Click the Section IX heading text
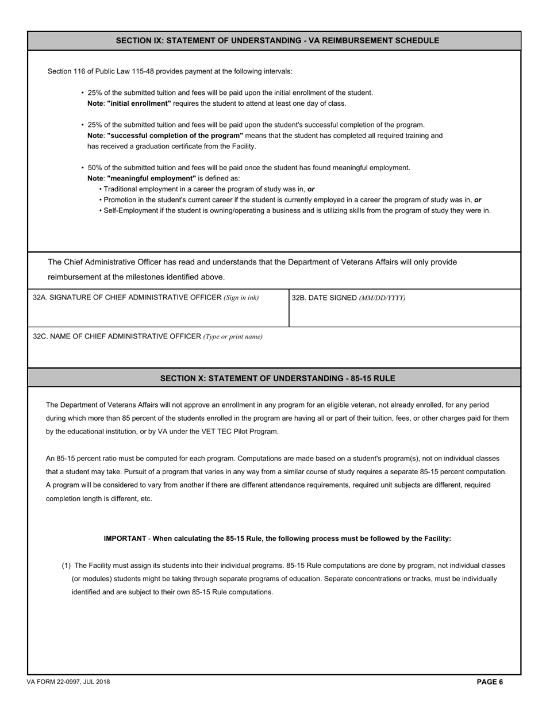(277, 41)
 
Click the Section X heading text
(277, 378)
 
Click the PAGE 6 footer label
(490, 682)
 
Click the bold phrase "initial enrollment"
(139, 103)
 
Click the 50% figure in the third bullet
(95, 168)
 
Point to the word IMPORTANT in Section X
(125, 539)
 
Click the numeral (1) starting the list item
(66, 566)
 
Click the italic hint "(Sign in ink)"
(241, 298)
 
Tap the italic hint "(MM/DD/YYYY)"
(382, 298)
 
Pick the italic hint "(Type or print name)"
(233, 337)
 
